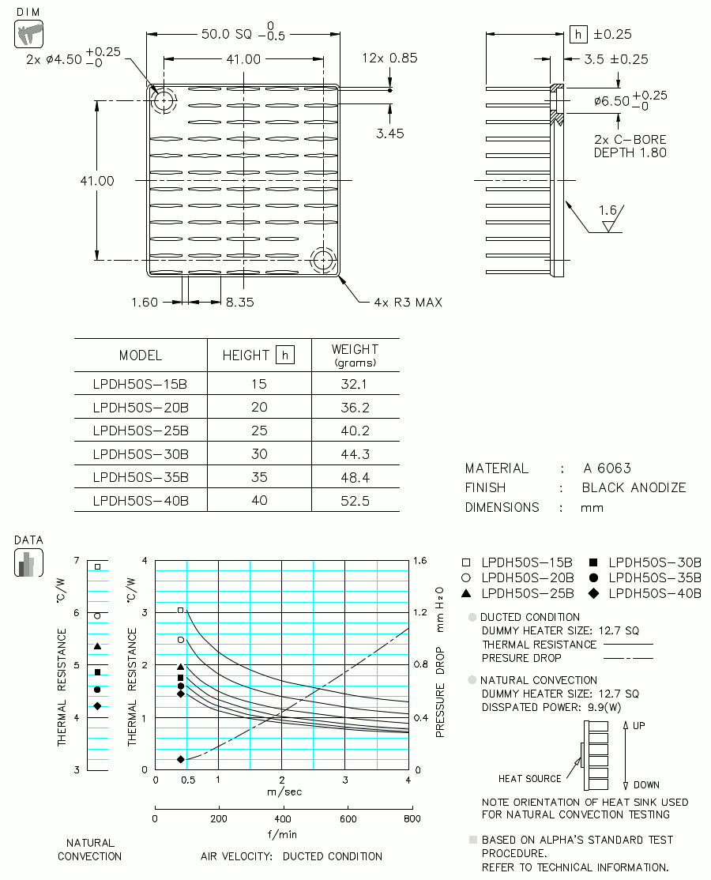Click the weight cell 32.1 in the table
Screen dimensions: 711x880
(x=355, y=384)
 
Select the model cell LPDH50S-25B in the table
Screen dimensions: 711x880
(x=141, y=431)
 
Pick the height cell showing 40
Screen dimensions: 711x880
(x=258, y=500)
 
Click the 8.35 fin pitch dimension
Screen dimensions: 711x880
(x=239, y=302)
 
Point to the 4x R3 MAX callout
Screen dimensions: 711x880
(x=408, y=303)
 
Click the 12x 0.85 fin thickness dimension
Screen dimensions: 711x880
(x=389, y=58)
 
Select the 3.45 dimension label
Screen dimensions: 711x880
(x=390, y=134)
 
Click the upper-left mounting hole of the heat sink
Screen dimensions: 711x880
(x=164, y=101)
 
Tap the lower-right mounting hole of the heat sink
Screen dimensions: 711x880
(x=323, y=261)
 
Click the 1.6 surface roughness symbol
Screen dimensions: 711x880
(x=609, y=218)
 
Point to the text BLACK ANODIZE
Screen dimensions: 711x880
(x=634, y=487)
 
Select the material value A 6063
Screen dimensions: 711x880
(x=608, y=468)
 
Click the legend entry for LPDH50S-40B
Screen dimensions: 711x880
(x=645, y=593)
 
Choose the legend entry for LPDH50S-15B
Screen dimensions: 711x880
(x=517, y=562)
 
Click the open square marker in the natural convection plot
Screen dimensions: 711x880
(x=98, y=567)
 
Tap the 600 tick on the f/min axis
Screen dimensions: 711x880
(x=348, y=819)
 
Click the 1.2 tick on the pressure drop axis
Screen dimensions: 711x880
(x=419, y=612)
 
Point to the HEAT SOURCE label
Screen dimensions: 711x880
(x=530, y=778)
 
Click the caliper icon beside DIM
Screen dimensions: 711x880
(x=28, y=34)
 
